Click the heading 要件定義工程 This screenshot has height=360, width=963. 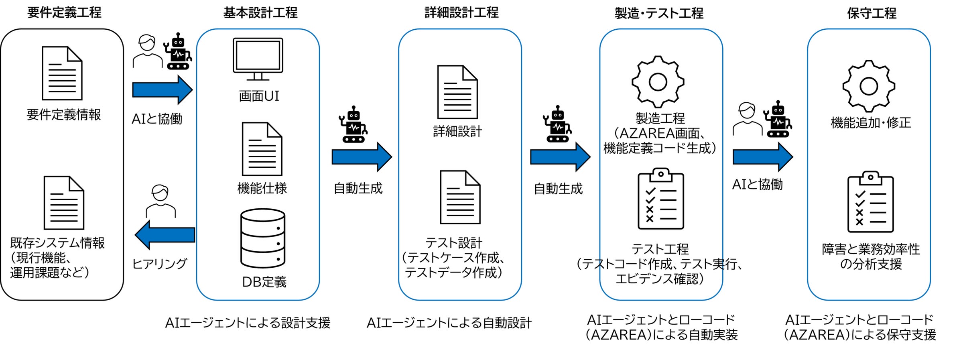point(64,13)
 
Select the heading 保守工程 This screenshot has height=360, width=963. point(871,13)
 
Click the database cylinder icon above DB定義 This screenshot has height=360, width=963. point(263,238)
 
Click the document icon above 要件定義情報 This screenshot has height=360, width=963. point(62,73)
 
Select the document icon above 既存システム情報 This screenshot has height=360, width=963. point(64,203)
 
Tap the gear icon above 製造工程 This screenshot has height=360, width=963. point(658,82)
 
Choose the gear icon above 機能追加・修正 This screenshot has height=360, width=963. point(869,86)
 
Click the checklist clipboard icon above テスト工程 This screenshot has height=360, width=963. point(660,199)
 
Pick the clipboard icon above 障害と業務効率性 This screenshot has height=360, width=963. point(870,202)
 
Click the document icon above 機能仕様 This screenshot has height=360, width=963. point(262,149)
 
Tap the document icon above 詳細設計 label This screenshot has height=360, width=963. point(457,92)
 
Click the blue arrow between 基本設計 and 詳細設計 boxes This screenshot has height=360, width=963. point(362,157)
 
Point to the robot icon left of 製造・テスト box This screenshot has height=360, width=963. point(557,124)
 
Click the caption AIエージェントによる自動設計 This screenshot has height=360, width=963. point(449,323)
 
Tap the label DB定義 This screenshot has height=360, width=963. point(264,282)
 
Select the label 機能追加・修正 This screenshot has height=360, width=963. point(871,122)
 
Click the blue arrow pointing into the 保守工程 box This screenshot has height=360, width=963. point(762,157)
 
